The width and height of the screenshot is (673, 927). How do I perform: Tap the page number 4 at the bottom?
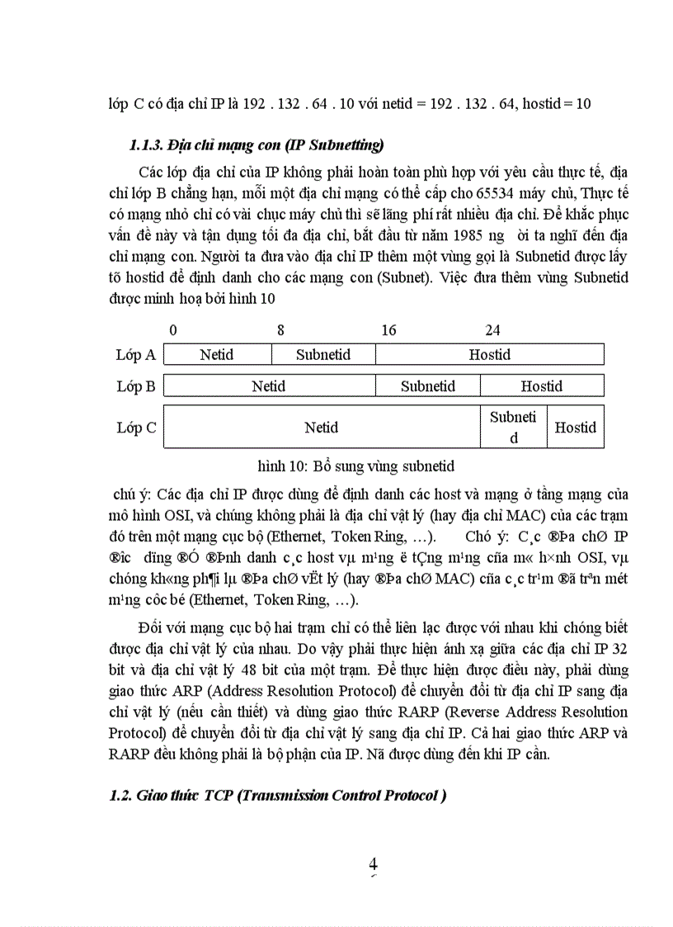(x=373, y=864)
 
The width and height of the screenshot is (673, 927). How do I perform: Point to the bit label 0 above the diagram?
(x=172, y=330)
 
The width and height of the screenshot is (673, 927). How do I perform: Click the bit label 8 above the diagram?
(x=280, y=330)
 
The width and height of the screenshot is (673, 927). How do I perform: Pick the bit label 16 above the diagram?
(x=388, y=330)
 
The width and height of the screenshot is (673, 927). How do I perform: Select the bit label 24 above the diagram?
(x=492, y=330)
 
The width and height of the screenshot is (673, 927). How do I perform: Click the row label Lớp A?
(x=136, y=355)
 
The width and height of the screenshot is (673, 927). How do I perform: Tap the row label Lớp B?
(x=136, y=385)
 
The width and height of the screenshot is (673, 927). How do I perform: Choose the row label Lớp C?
(x=136, y=428)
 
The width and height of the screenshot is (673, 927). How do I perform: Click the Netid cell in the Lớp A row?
(x=217, y=355)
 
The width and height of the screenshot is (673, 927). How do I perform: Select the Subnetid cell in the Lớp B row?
(x=428, y=385)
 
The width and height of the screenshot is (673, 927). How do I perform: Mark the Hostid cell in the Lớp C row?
(x=575, y=428)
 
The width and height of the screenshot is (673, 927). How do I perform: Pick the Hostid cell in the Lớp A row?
(x=490, y=355)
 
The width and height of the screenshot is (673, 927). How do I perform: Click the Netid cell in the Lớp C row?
(x=322, y=428)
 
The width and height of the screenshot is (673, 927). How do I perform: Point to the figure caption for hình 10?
(x=355, y=466)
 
